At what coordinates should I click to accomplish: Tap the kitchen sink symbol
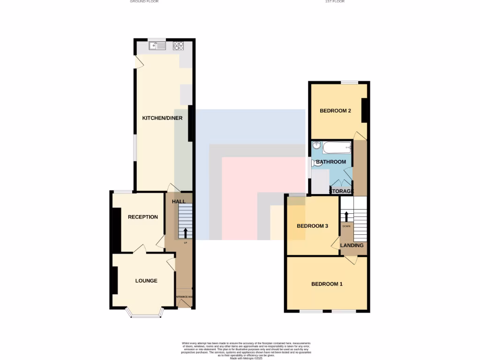(x=157, y=46)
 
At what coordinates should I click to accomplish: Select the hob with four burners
(x=179, y=46)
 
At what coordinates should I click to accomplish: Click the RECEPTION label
(x=143, y=217)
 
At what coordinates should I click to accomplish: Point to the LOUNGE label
(x=146, y=281)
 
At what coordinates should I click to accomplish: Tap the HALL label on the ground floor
(x=179, y=202)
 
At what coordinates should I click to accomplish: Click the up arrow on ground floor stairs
(x=186, y=232)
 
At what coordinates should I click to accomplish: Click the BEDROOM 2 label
(x=336, y=111)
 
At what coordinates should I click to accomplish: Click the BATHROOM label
(x=331, y=162)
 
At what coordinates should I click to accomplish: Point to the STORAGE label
(x=341, y=191)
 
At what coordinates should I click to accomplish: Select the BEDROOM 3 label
(x=312, y=226)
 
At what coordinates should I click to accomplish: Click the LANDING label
(x=352, y=245)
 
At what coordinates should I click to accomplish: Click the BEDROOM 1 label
(x=327, y=284)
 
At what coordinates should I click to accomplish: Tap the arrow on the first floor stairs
(x=346, y=216)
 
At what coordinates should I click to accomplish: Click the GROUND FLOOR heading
(x=144, y=2)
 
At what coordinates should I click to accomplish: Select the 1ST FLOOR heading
(x=335, y=2)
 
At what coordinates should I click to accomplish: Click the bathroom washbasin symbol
(x=316, y=146)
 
